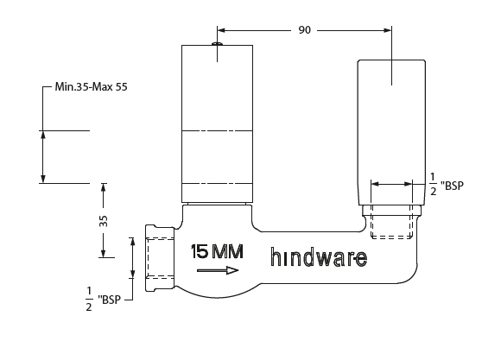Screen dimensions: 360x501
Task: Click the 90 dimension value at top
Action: (x=304, y=29)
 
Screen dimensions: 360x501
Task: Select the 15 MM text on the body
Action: (x=217, y=252)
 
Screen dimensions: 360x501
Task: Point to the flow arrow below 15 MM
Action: (x=217, y=270)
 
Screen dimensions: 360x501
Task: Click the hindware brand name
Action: (x=318, y=257)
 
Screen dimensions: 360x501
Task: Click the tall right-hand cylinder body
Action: (x=392, y=129)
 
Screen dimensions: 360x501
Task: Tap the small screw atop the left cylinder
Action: (x=217, y=39)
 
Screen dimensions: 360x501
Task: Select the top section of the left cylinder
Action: (x=217, y=86)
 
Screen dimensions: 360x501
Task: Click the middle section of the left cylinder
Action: (x=217, y=155)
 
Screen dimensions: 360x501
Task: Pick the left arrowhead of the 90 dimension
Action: (x=221, y=29)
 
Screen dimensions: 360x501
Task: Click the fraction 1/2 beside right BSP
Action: (x=433, y=184)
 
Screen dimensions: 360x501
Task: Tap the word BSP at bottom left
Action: (x=113, y=300)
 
